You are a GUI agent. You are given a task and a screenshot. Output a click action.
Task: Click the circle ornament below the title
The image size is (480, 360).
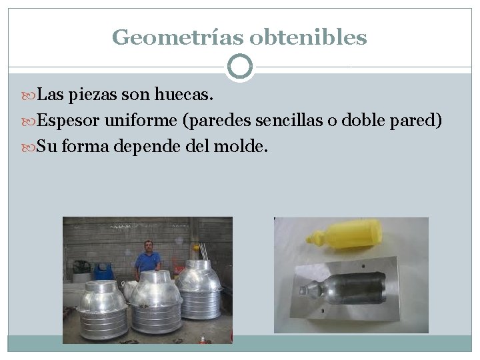click(x=240, y=67)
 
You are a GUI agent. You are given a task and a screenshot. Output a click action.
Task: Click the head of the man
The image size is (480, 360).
click(x=148, y=245)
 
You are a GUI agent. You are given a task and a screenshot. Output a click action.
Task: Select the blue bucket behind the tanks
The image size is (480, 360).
click(x=103, y=271)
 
